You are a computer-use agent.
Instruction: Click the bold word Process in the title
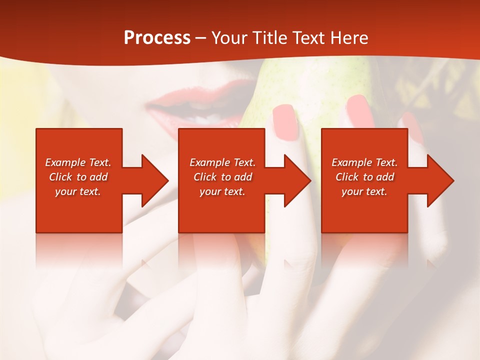(157, 38)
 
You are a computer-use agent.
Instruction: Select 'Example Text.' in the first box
(78, 162)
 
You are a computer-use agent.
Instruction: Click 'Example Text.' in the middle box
(222, 162)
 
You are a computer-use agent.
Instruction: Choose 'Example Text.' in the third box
(364, 162)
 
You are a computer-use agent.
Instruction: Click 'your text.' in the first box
(78, 191)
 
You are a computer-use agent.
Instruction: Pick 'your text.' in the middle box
(222, 191)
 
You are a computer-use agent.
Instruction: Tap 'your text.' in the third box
(364, 191)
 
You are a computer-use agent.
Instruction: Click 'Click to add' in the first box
(78, 177)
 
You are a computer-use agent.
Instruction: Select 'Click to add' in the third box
(364, 177)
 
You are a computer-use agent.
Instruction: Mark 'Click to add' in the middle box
(222, 177)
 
